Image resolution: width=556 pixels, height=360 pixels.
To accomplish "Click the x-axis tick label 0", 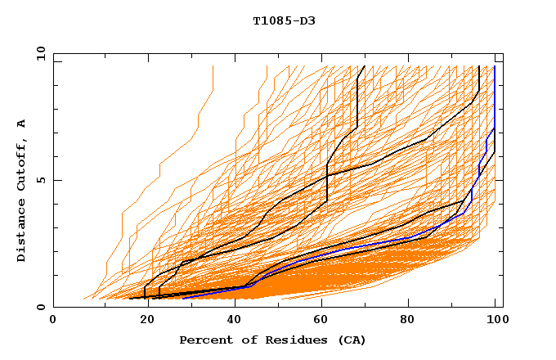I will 53,321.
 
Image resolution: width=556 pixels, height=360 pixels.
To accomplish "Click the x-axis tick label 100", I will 494,321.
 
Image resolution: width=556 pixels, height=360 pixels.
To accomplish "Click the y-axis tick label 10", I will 40,53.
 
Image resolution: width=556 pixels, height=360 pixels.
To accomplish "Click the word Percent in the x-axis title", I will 204,340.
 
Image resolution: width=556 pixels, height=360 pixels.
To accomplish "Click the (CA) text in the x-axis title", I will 350,340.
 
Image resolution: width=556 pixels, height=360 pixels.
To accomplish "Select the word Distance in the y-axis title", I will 22,232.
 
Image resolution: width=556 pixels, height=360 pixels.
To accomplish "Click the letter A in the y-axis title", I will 22,124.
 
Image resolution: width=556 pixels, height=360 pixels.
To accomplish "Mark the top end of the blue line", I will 495,66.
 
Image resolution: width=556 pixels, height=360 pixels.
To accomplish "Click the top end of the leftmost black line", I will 365,66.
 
